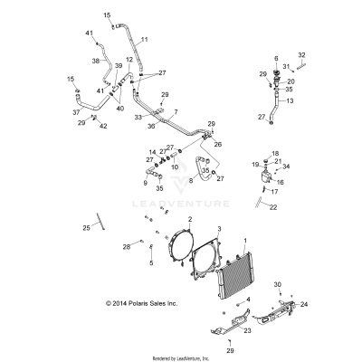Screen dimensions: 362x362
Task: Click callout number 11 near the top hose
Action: (145, 41)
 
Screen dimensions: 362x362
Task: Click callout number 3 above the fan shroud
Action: (193, 230)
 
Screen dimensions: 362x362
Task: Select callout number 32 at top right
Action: (301, 55)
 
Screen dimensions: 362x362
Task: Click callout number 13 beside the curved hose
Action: (291, 102)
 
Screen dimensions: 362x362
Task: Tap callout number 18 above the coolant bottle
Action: (275, 155)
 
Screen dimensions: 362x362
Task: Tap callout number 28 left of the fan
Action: (128, 246)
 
